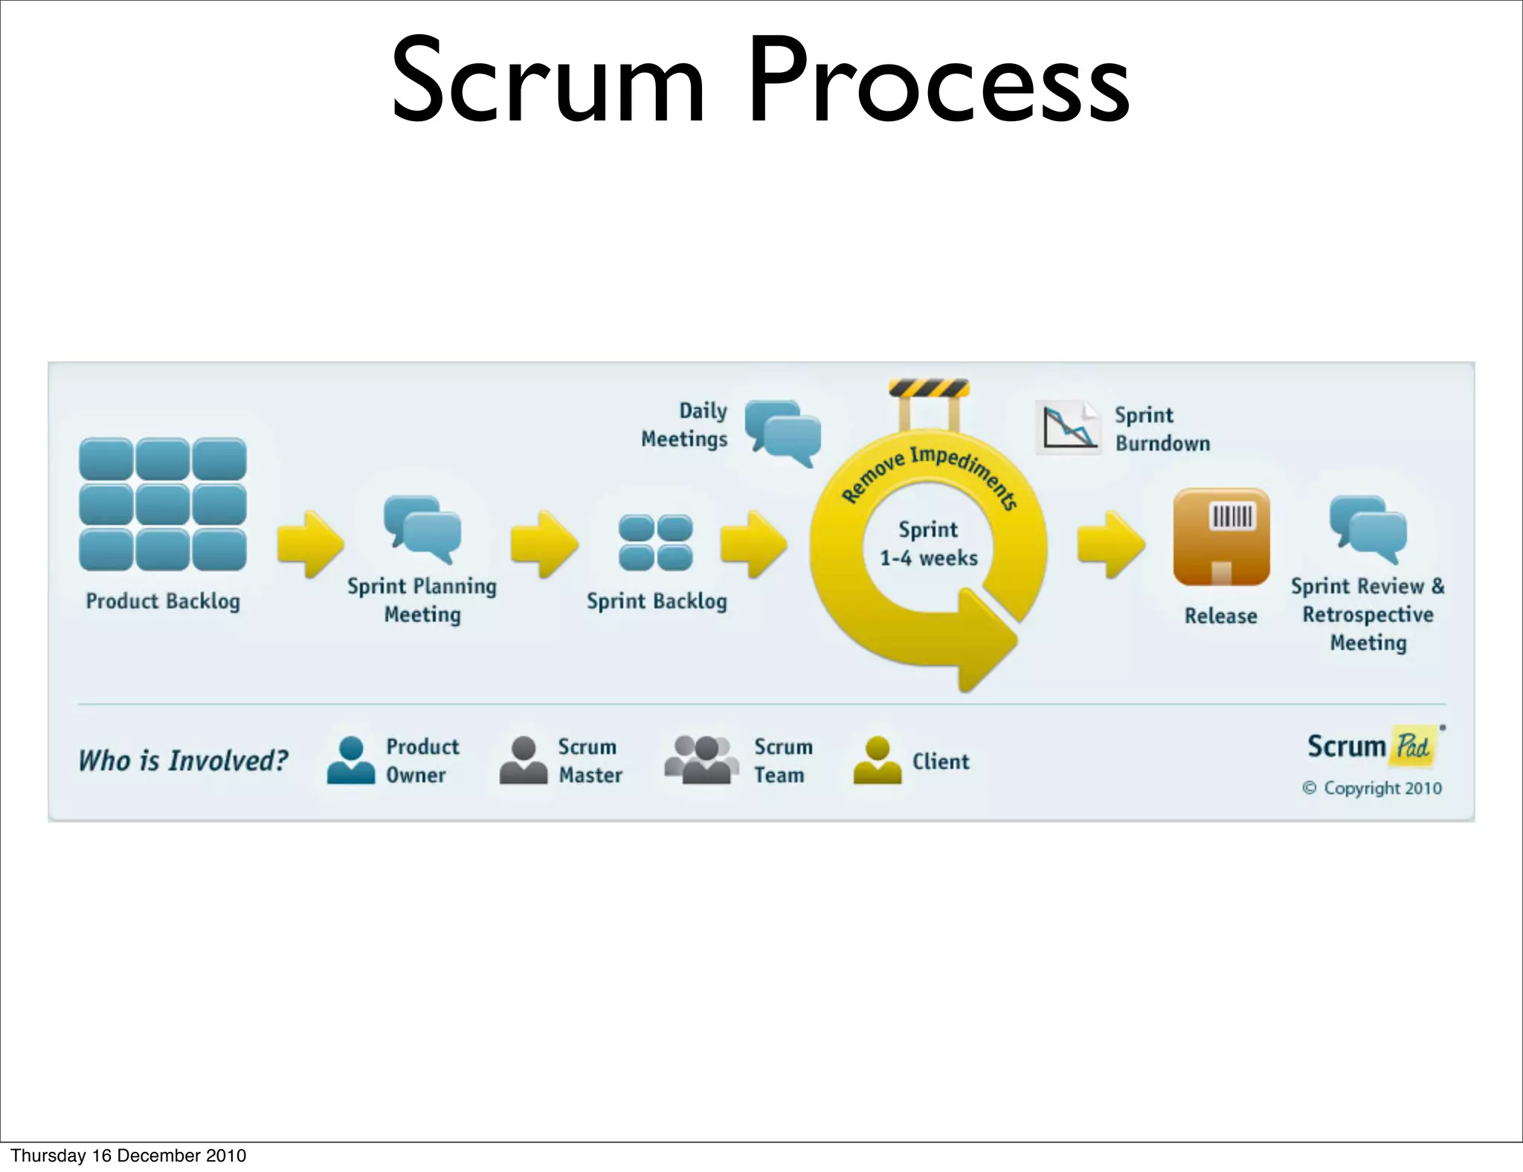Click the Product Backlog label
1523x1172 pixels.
point(163,601)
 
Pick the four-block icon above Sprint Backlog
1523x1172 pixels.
point(655,543)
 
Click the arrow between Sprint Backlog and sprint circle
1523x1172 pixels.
point(753,544)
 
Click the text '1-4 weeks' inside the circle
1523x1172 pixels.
point(929,558)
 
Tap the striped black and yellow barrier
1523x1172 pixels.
point(929,388)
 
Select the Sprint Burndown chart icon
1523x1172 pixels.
point(1067,428)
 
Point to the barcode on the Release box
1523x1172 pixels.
point(1232,515)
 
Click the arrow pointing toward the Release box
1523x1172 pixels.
point(1110,544)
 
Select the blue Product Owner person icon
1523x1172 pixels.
point(351,760)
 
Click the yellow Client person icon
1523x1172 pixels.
point(878,760)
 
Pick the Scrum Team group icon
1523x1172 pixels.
point(701,760)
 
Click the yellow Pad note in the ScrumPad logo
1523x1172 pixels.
point(1412,745)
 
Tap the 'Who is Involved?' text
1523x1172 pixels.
point(183,761)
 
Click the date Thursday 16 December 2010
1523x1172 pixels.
point(129,1155)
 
